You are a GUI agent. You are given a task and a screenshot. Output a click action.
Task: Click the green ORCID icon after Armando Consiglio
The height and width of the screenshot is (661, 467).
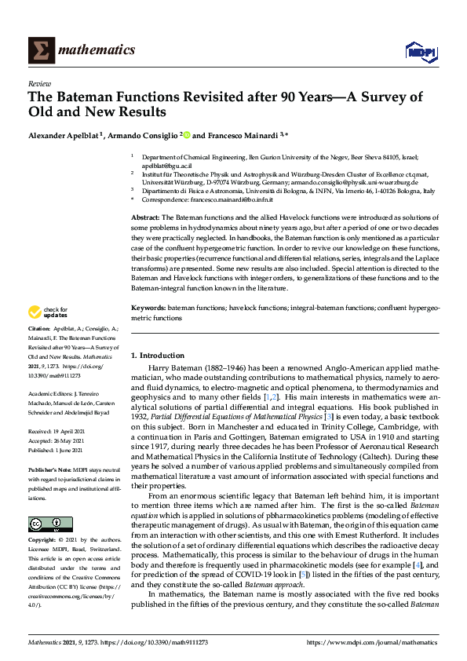pyautogui.click(x=187, y=135)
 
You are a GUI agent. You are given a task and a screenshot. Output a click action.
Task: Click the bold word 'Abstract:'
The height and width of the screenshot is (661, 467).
pyautogui.click(x=145, y=216)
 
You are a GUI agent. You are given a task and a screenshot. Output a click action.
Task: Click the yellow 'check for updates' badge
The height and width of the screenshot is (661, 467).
pyautogui.click(x=49, y=314)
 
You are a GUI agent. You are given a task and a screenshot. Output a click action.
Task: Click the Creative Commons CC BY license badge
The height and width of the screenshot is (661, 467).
pyautogui.click(x=46, y=502)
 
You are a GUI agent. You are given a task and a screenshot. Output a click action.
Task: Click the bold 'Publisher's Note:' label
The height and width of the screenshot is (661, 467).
pyautogui.click(x=49, y=468)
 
